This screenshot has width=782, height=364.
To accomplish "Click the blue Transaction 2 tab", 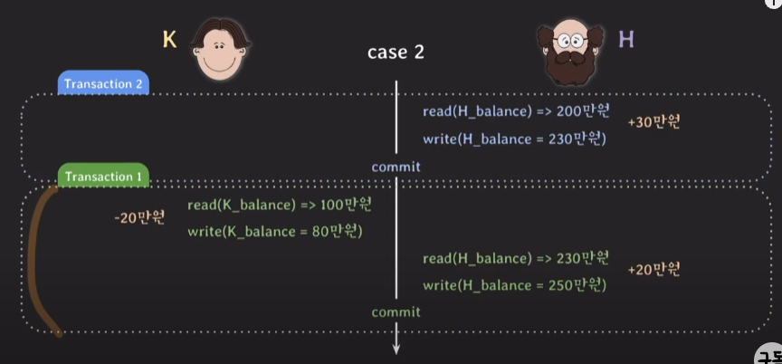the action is tap(104, 83).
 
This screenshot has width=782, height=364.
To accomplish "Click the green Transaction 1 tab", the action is tap(104, 177).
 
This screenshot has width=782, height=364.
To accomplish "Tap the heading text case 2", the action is tap(396, 52).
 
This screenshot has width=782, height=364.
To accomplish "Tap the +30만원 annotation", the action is tap(653, 121).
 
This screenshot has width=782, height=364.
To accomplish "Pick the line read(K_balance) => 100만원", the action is tap(280, 204).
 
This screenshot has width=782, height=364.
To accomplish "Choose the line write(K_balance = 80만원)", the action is tap(275, 231).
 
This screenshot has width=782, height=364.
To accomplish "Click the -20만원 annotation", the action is tap(140, 217).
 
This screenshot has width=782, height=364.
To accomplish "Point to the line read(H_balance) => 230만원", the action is tap(516, 258).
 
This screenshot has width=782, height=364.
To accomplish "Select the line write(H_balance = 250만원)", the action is tap(513, 285).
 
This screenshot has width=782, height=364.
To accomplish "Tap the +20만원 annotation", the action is tap(653, 269).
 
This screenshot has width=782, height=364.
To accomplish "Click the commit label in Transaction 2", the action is tap(396, 167).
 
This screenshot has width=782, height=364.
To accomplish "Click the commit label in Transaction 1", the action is tap(396, 312).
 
